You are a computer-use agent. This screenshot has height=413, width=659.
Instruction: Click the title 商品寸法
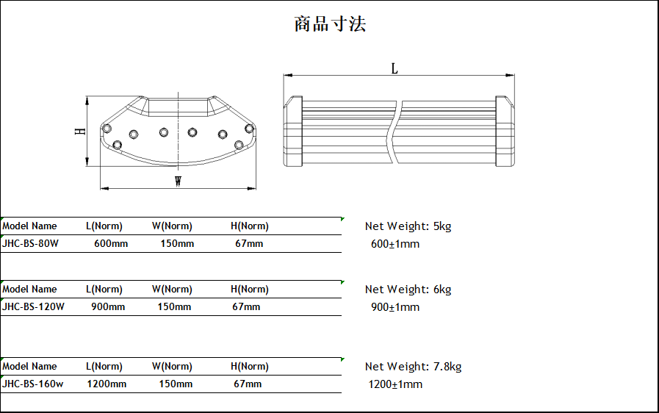330,24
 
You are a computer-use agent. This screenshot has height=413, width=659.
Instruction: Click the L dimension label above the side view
395,68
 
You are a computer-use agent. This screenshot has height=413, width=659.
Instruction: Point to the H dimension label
81,131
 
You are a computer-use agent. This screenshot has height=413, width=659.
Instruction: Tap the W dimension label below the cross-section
178,182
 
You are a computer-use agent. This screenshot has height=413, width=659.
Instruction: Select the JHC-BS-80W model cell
30,244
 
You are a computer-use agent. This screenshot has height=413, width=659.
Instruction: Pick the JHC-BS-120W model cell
33,307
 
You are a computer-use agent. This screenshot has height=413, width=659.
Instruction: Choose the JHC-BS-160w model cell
32,384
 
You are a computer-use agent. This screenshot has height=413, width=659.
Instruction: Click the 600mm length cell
111,244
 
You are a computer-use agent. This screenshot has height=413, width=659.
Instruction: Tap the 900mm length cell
108,307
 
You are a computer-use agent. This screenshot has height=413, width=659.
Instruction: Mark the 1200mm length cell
107,384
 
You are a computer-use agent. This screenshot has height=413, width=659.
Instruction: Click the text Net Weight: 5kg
408,226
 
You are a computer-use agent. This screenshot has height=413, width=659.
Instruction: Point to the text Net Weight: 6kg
408,290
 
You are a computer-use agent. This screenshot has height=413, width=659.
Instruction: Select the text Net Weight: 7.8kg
413,367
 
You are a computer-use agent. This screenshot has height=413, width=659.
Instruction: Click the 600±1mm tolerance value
395,244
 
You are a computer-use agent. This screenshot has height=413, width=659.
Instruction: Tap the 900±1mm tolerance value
395,307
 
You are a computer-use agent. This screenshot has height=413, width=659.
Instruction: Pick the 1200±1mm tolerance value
395,384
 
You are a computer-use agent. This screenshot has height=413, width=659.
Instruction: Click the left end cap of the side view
293,132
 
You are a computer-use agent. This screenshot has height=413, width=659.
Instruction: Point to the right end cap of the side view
504,132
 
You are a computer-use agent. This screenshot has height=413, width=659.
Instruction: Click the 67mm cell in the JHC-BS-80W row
249,244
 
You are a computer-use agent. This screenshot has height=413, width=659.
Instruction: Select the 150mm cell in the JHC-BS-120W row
174,307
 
